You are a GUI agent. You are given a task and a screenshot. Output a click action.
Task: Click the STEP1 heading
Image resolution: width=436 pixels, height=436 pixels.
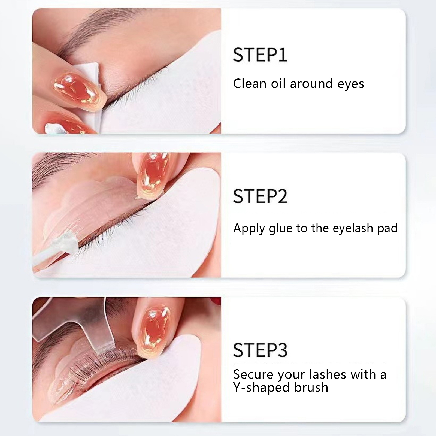tap(260, 55)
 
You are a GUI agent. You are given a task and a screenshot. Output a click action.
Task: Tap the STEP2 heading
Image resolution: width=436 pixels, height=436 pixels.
tap(260, 196)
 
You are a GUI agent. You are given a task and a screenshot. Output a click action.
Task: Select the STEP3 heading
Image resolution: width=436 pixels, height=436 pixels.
tap(260, 350)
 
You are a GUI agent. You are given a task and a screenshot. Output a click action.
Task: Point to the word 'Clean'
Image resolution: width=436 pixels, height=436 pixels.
tap(249, 83)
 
